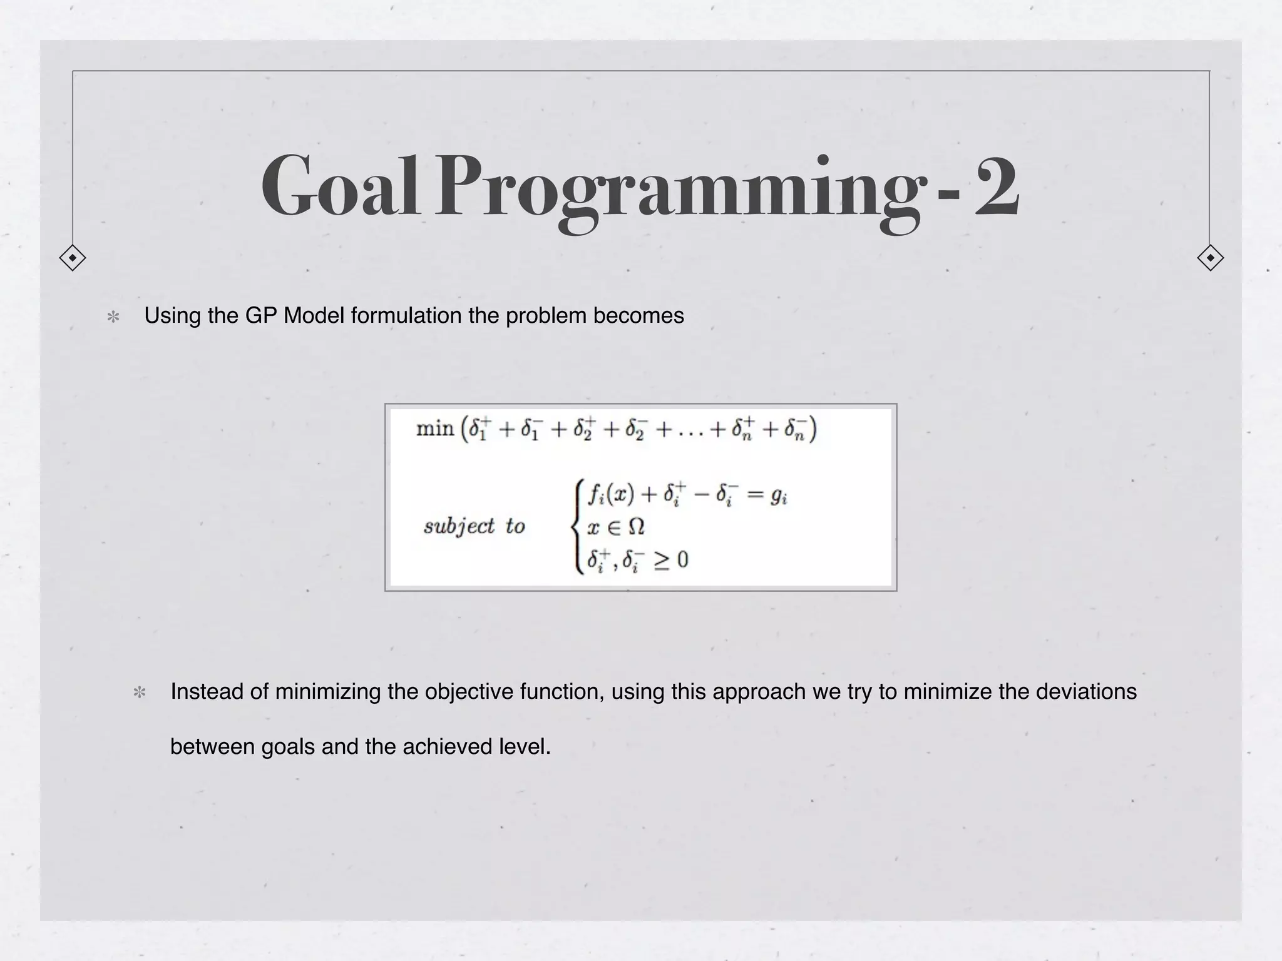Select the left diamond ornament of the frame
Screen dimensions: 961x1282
point(73,258)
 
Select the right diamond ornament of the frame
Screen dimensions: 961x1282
point(1210,258)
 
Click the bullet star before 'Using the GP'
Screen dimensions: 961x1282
point(113,317)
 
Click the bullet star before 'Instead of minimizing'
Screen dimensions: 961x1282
point(140,693)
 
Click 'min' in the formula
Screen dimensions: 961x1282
point(435,429)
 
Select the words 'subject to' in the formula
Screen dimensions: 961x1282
point(474,526)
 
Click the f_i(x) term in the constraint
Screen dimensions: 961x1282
point(610,495)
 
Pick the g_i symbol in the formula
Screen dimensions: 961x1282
point(778,496)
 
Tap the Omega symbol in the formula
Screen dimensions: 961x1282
point(635,527)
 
